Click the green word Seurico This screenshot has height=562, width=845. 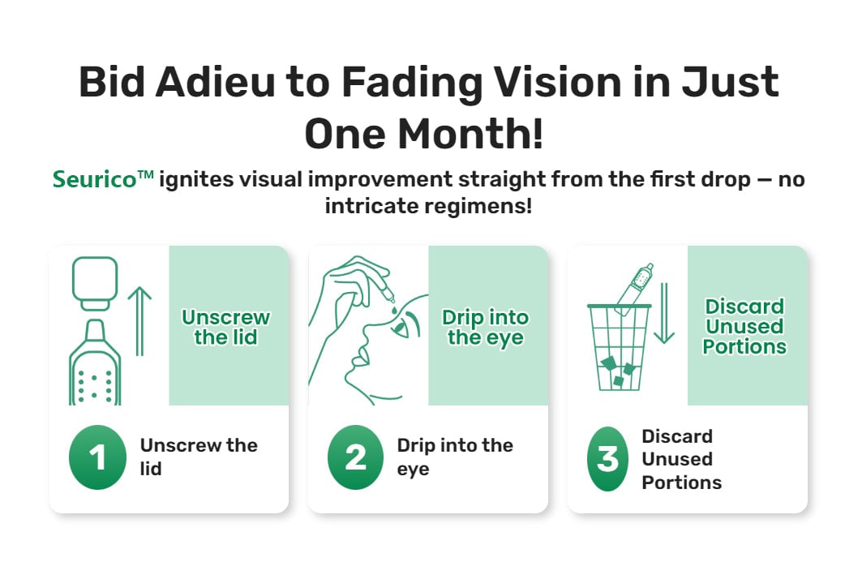pyautogui.click(x=94, y=179)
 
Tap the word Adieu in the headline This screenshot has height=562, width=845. pyautogui.click(x=215, y=82)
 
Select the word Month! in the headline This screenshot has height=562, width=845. pyautogui.click(x=470, y=133)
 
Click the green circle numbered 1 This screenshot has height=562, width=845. pyautogui.click(x=97, y=457)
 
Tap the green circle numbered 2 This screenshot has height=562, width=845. pyautogui.click(x=356, y=457)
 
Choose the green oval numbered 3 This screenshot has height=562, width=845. pyautogui.click(x=608, y=458)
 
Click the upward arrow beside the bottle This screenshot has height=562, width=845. pyautogui.click(x=139, y=321)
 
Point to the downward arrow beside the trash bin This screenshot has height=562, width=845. pyautogui.click(x=664, y=313)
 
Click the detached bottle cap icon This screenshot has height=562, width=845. pyautogui.click(x=95, y=283)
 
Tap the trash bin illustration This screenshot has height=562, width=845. pyautogui.click(x=619, y=347)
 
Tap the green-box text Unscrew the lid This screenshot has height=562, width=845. pyautogui.click(x=225, y=327)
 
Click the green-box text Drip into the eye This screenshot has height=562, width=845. pyautogui.click(x=486, y=328)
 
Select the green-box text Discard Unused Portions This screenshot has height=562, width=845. pyautogui.click(x=744, y=327)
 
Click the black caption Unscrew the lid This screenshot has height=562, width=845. pyautogui.click(x=199, y=457)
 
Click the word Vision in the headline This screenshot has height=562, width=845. pyautogui.click(x=558, y=82)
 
